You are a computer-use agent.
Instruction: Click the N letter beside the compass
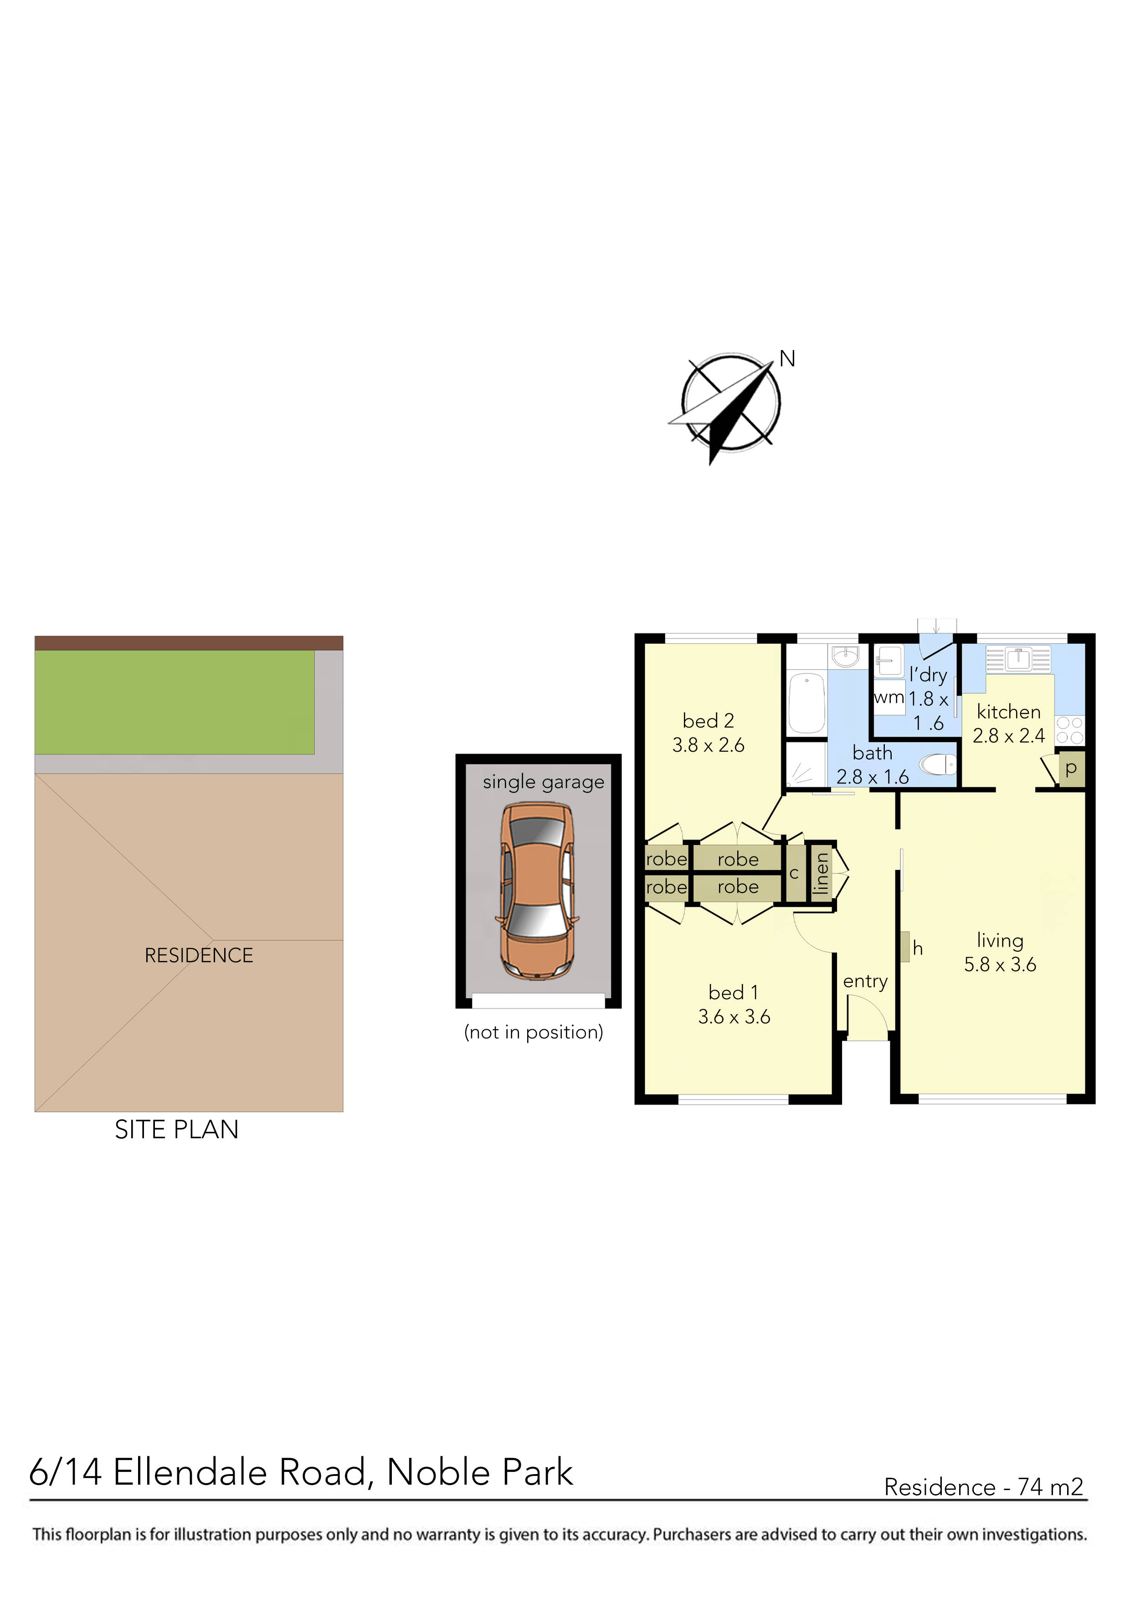coord(787,359)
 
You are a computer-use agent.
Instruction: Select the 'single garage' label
coord(543,782)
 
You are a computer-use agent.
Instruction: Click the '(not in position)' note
coord(533,1032)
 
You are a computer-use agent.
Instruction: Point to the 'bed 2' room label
coord(708,721)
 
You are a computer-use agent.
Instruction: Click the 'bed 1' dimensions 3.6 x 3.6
coord(734,1017)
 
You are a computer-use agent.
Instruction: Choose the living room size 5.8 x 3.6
coord(1000,965)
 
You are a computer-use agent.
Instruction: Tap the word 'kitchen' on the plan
coord(1008,712)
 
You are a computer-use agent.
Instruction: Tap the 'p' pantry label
coord(1071,769)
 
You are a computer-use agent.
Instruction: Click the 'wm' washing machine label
coord(889,697)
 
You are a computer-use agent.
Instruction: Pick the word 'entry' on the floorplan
coord(865,981)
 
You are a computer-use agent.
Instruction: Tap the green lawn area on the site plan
coord(174,701)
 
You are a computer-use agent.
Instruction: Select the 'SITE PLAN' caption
coord(176,1129)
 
